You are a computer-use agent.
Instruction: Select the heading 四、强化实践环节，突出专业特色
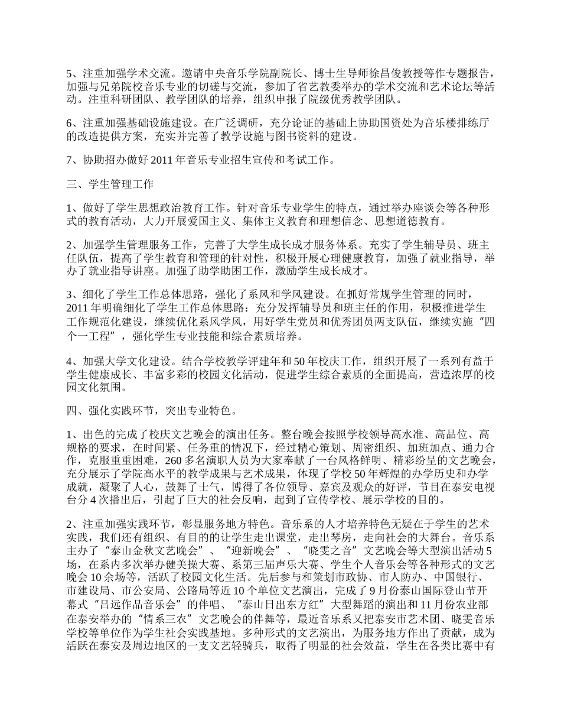151,409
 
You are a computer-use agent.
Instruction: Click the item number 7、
74,159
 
